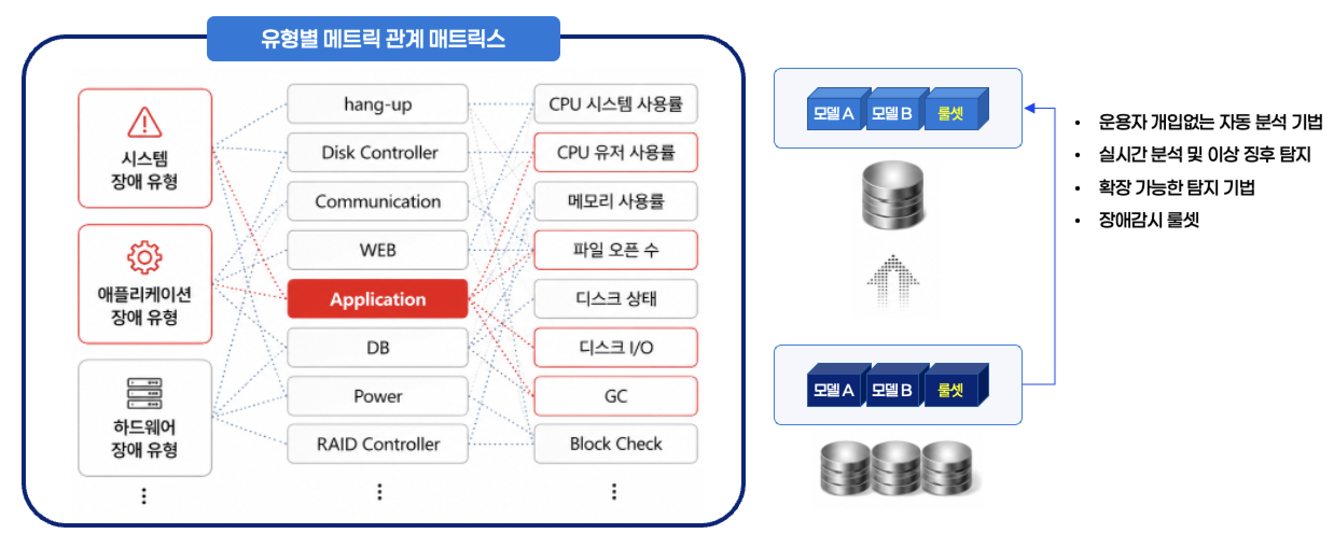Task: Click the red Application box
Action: [x=378, y=299]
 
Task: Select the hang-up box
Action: [x=378, y=104]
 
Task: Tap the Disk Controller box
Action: [x=378, y=152]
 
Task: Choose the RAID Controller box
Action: [x=378, y=444]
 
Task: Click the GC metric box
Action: [x=616, y=396]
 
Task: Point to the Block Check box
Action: [x=616, y=444]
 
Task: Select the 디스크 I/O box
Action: [x=616, y=347]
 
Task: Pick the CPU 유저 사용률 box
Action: [x=616, y=152]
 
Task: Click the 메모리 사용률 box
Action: [x=616, y=201]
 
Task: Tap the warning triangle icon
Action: [x=144, y=122]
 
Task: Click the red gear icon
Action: [x=144, y=257]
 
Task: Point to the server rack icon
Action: [x=144, y=394]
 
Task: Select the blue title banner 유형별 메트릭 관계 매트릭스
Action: [x=384, y=39]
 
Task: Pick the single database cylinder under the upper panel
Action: [x=893, y=194]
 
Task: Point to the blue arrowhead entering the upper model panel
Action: [x=1030, y=108]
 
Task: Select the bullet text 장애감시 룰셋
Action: [x=1149, y=220]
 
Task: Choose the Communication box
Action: [x=378, y=201]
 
